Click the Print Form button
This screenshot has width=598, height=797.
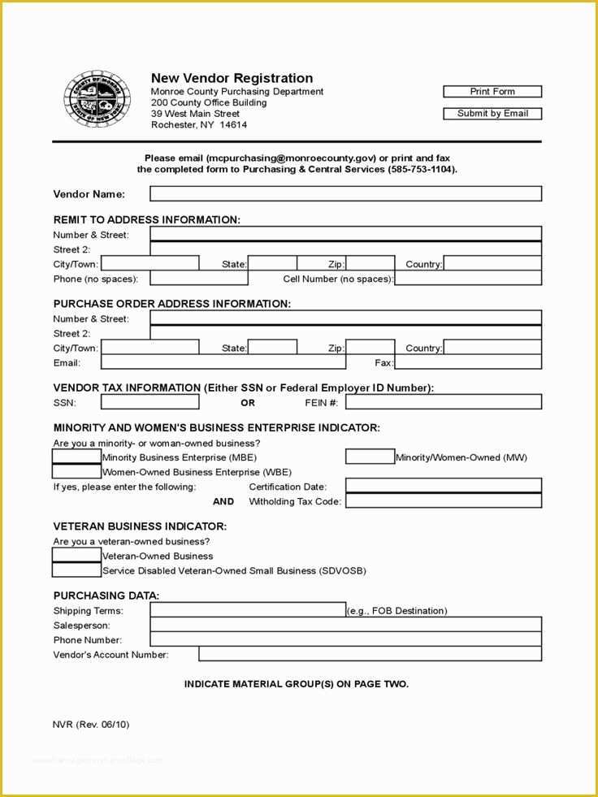pyautogui.click(x=492, y=92)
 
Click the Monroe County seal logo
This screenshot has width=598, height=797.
pyautogui.click(x=96, y=100)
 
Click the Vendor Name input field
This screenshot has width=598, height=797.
pyautogui.click(x=345, y=194)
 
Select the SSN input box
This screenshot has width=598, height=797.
pyautogui.click(x=149, y=402)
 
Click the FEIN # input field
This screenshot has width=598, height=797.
pyautogui.click(x=443, y=402)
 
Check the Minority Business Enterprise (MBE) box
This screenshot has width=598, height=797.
pyautogui.click(x=76, y=457)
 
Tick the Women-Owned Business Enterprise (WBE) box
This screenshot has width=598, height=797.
pyautogui.click(x=76, y=471)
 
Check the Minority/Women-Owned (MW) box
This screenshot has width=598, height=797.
pyautogui.click(x=370, y=457)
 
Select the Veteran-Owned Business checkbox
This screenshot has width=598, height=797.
pyautogui.click(x=76, y=556)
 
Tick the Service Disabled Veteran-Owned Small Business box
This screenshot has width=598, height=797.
pyautogui.click(x=76, y=570)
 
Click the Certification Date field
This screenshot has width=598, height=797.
pyautogui.click(x=443, y=486)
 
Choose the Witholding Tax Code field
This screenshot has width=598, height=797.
pyautogui.click(x=443, y=500)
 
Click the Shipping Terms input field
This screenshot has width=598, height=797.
pyautogui.click(x=248, y=610)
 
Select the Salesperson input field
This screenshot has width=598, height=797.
pyautogui.click(x=345, y=625)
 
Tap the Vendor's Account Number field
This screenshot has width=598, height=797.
pyautogui.click(x=370, y=654)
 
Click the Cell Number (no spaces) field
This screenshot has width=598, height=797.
pyautogui.click(x=467, y=279)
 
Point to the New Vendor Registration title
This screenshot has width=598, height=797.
pyautogui.click(x=232, y=78)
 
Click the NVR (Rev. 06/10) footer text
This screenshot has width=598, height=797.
pyautogui.click(x=91, y=724)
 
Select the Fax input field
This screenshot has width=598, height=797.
pyautogui.click(x=467, y=362)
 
